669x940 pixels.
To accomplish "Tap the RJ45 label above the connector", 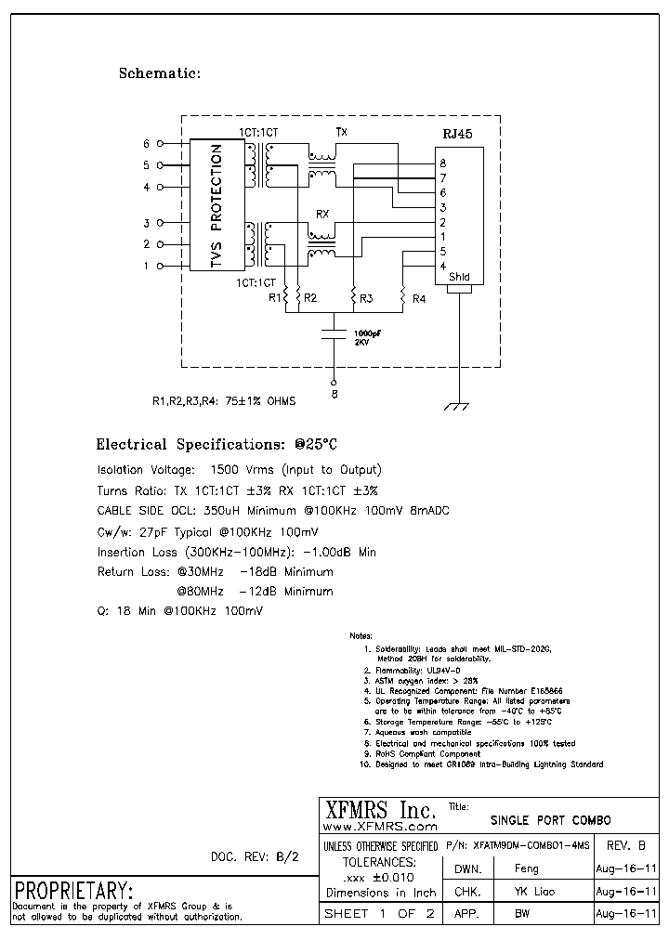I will pyautogui.click(x=457, y=134).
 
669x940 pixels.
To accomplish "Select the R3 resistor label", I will pyautogui.click(x=366, y=298).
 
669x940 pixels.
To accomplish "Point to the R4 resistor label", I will pyautogui.click(x=419, y=298).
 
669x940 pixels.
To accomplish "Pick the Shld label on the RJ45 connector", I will pyautogui.click(x=459, y=277).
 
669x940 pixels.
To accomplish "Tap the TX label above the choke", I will pyautogui.click(x=341, y=133).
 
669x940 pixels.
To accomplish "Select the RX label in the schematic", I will pyautogui.click(x=322, y=214).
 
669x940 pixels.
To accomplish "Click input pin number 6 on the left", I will pyautogui.click(x=146, y=144).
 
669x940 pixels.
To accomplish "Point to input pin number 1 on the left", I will pyautogui.click(x=146, y=267).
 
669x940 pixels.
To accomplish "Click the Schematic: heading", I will pyautogui.click(x=160, y=73).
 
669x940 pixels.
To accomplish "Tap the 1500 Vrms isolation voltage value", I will pyautogui.click(x=242, y=470).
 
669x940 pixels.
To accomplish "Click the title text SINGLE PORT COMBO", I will pyautogui.click(x=550, y=820).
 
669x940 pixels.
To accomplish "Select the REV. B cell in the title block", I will pyautogui.click(x=631, y=845).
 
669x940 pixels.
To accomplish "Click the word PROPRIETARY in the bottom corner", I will pyautogui.click(x=73, y=889).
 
